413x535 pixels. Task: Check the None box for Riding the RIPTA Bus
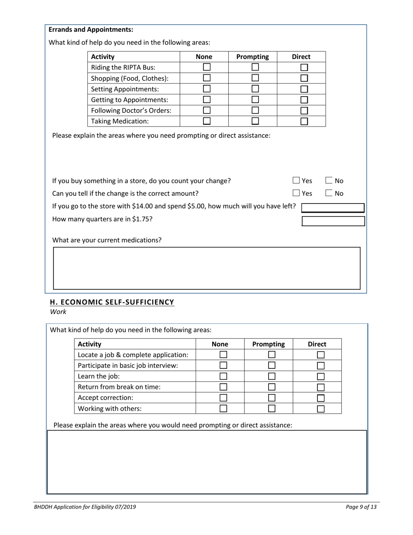(206, 67)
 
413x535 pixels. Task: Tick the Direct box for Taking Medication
(304, 121)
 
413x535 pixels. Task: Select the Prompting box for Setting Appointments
(255, 89)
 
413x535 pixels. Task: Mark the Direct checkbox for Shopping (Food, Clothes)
(304, 78)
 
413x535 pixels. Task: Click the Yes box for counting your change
(296, 181)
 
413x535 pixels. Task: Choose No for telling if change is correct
(329, 193)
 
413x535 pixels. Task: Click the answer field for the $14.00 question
(333, 208)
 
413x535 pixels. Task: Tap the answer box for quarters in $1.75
(333, 221)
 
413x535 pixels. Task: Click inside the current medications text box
(206, 268)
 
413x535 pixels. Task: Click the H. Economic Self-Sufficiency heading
(112, 302)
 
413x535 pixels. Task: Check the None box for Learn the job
(223, 376)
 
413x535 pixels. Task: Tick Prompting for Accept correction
(272, 398)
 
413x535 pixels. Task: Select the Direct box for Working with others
(321, 408)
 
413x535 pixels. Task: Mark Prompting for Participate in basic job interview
(272, 365)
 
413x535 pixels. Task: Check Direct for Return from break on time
(321, 387)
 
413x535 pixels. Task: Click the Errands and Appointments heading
(91, 30)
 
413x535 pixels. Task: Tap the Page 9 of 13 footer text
(361, 507)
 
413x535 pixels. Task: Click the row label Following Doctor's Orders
(131, 110)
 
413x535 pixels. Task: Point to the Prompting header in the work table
(268, 344)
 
